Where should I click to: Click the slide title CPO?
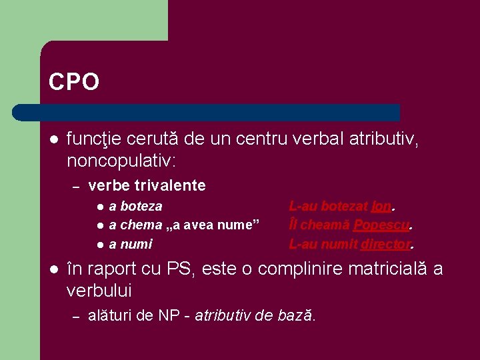(x=74, y=82)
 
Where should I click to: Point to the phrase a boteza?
(x=135, y=207)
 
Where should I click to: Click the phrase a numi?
(x=131, y=244)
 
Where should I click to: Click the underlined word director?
(x=385, y=244)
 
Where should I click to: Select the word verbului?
(x=99, y=291)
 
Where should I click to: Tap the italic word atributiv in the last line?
(x=223, y=315)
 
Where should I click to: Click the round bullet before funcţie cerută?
(x=54, y=140)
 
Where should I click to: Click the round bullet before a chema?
(x=99, y=225)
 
